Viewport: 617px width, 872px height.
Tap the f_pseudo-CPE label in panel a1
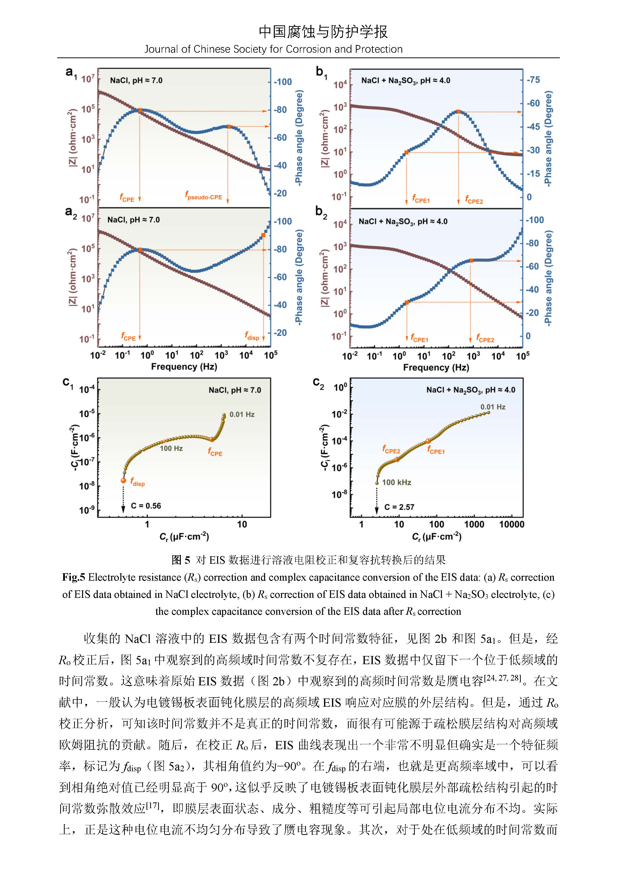[203, 196]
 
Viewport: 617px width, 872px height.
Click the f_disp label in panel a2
[252, 336]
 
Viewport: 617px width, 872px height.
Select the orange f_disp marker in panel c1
[123, 480]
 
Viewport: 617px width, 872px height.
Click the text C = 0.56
[146, 506]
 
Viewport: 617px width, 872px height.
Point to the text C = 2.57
[399, 507]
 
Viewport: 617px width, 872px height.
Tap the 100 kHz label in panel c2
[397, 482]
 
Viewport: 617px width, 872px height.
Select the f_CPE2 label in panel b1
[474, 200]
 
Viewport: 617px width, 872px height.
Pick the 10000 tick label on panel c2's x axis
[511, 524]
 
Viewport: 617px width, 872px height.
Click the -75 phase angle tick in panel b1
[533, 80]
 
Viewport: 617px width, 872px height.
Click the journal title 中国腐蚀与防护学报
[323, 32]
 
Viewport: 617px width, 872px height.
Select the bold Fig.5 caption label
[74, 577]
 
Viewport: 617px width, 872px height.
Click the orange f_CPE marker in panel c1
[212, 439]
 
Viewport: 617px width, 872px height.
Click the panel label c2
[318, 383]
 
